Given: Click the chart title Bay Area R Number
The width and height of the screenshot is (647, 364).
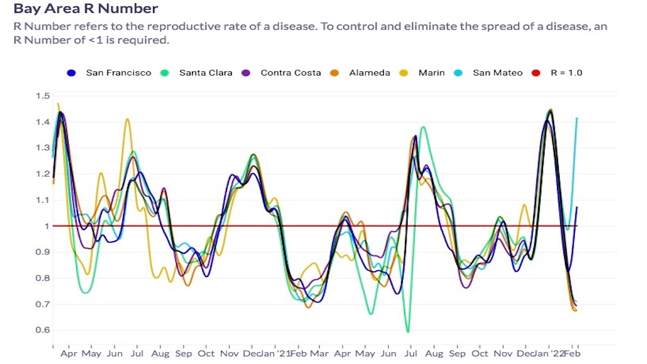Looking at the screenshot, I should tap(86, 9).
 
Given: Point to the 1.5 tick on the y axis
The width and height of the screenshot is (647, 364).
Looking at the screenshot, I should tap(43, 96).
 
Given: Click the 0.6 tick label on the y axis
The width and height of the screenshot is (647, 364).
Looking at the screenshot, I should tap(43, 330).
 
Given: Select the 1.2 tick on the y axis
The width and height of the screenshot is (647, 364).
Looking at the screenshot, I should tap(43, 174).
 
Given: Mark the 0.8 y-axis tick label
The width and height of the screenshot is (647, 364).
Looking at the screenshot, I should tap(43, 278).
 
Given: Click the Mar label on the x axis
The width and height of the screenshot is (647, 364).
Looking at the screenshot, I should tap(319, 354).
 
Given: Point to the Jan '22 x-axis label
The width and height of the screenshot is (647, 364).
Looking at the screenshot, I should tap(550, 354).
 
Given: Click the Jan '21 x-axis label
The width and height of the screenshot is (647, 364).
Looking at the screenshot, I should tap(275, 354).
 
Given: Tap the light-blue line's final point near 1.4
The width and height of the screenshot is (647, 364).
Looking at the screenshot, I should tap(577, 118).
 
